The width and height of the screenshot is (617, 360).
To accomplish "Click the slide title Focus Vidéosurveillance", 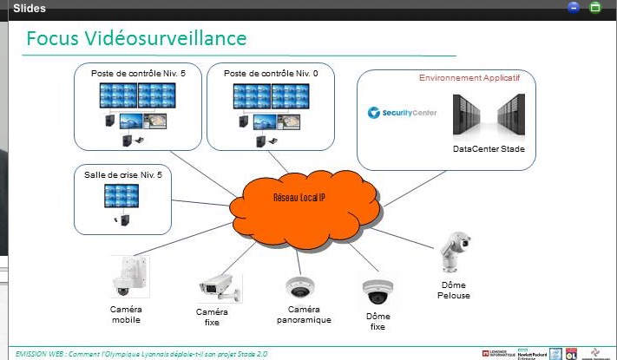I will (136, 39).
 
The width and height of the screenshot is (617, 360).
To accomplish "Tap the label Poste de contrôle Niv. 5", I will (138, 75).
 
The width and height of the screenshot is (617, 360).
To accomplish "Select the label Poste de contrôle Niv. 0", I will (271, 75).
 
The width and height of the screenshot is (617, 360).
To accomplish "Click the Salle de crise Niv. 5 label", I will (123, 174).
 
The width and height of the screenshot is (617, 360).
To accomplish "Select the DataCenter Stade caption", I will (489, 148).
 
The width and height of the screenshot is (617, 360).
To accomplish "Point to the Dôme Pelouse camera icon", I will (453, 252).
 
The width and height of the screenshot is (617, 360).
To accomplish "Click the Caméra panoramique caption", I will (305, 314).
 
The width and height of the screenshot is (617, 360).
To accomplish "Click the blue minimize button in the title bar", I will (574, 7).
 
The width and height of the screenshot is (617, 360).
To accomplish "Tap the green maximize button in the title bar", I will (595, 7).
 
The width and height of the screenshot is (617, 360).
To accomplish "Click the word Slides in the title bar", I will (30, 8).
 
